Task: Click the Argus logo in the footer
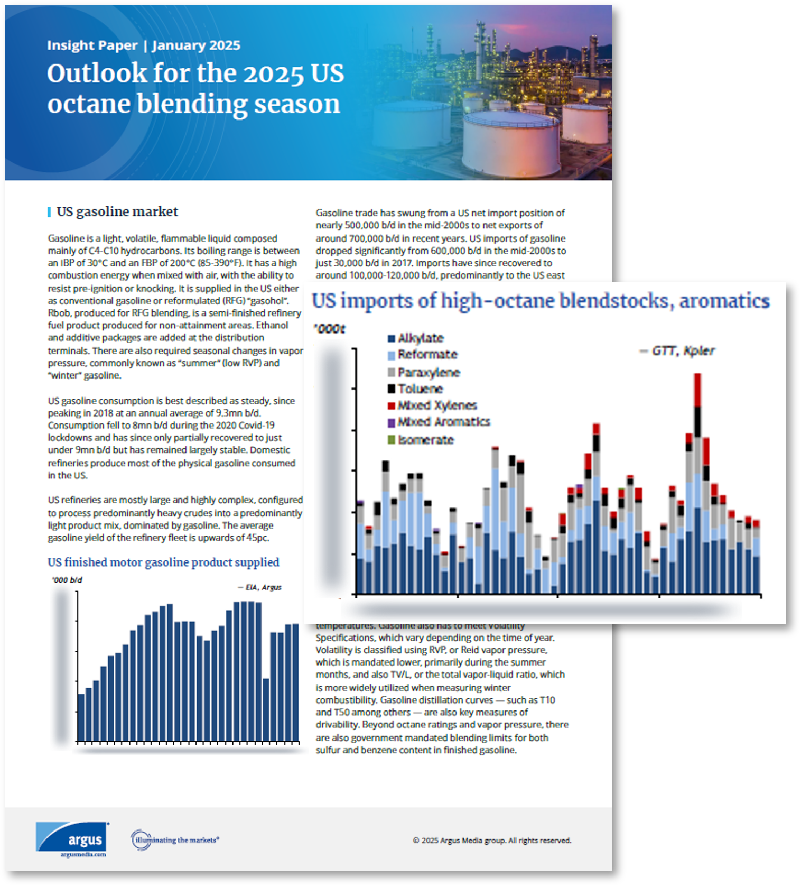tap(72, 838)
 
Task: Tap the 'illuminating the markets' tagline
tap(175, 839)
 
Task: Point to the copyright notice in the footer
tap(491, 840)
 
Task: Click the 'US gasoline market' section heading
tap(117, 212)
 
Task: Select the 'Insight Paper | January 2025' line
tap(143, 45)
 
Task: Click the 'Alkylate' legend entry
tap(420, 338)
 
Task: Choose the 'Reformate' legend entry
tap(427, 355)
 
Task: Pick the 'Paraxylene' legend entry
tap(428, 373)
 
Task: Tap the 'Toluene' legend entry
tap(420, 389)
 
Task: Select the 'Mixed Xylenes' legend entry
tap(436, 405)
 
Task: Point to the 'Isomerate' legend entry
tap(425, 440)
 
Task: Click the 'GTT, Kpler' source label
tap(682, 351)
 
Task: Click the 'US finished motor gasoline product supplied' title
tap(163, 562)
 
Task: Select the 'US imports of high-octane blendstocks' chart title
tap(540, 301)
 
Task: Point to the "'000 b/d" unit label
tap(67, 580)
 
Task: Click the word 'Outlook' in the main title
tap(97, 73)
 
